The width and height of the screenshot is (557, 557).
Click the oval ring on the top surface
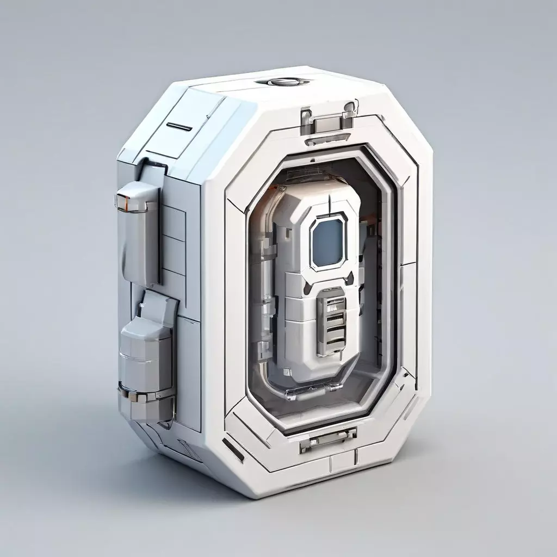pyautogui.click(x=283, y=82)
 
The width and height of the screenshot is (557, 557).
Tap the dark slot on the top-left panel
pyautogui.click(x=179, y=127)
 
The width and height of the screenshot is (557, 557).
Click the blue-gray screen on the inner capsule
pyautogui.click(x=329, y=243)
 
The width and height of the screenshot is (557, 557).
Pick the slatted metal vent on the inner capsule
pyautogui.click(x=332, y=320)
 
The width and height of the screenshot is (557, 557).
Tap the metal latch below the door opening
pyautogui.click(x=328, y=439)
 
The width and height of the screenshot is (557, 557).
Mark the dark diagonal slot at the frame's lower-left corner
pyautogui.click(x=233, y=449)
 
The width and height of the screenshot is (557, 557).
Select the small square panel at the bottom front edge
pyautogui.click(x=342, y=462)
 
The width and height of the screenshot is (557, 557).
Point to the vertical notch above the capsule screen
pyautogui.click(x=330, y=204)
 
